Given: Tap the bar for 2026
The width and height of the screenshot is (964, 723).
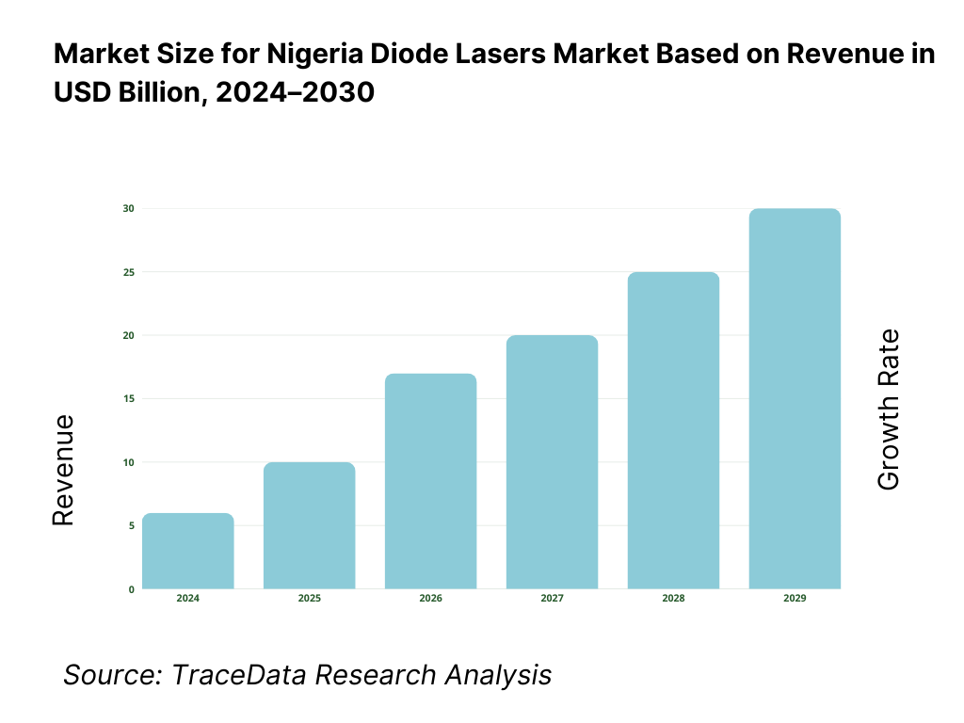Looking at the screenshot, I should coord(431,481).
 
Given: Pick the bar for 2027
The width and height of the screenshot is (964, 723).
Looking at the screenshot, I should coord(552,462).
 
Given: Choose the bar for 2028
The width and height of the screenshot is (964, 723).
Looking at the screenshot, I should coord(673,430).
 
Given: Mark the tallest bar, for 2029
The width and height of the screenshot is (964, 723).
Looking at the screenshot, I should coord(795,398).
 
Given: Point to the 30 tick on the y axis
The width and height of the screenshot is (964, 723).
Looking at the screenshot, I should coord(129,208).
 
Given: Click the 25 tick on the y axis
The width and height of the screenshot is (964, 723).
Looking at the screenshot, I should coord(129,272).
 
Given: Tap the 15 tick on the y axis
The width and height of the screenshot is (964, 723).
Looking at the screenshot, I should coord(129,399).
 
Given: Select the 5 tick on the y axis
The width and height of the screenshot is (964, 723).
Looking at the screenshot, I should coord(131,525).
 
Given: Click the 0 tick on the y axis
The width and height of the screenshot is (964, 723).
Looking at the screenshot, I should coord(131,589).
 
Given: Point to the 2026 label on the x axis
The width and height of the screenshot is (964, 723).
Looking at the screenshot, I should coord(431,599).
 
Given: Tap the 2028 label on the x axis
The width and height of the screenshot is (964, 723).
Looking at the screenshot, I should coord(673,599).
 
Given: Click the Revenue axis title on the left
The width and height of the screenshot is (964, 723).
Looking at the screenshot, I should coord(63,469).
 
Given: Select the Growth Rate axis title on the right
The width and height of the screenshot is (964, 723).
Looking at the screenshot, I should coord(888,410).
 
